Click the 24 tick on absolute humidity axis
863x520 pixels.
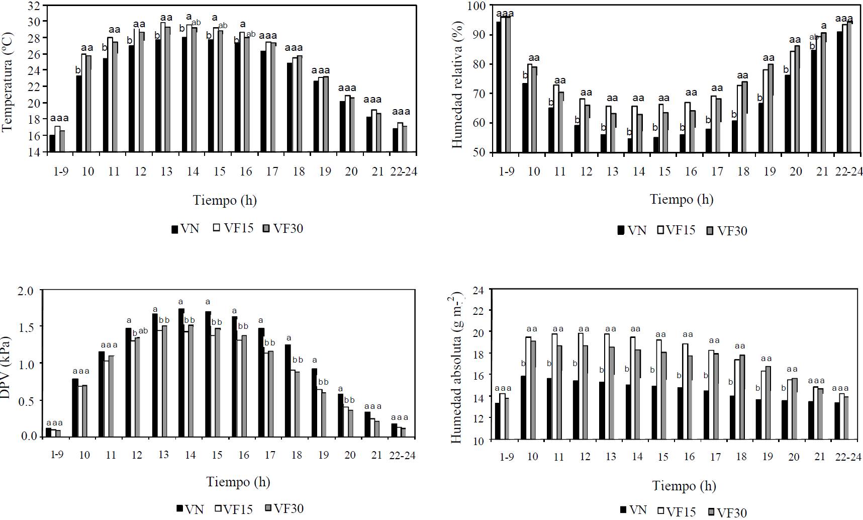pos(478,290)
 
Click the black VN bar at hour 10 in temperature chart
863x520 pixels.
pos(78,114)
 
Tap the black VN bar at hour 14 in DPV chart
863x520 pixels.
pos(181,373)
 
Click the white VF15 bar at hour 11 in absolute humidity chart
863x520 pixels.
pos(553,387)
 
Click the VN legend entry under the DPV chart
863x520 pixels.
pos(190,508)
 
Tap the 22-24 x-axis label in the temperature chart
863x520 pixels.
pos(404,172)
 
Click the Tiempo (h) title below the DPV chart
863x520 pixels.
pos(238,482)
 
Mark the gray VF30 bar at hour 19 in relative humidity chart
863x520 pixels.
pos(771,108)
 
